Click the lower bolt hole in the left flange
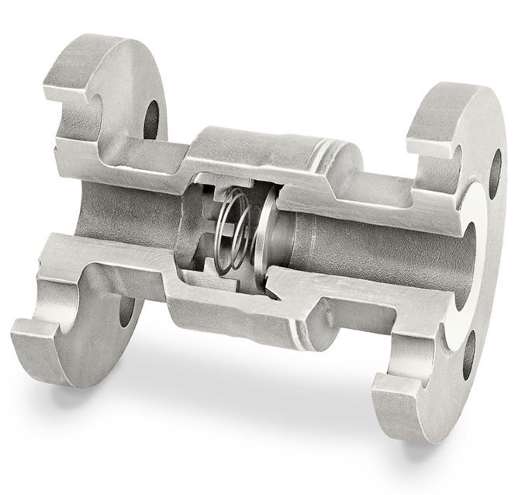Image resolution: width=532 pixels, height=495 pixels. pyautogui.click(x=126, y=310)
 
